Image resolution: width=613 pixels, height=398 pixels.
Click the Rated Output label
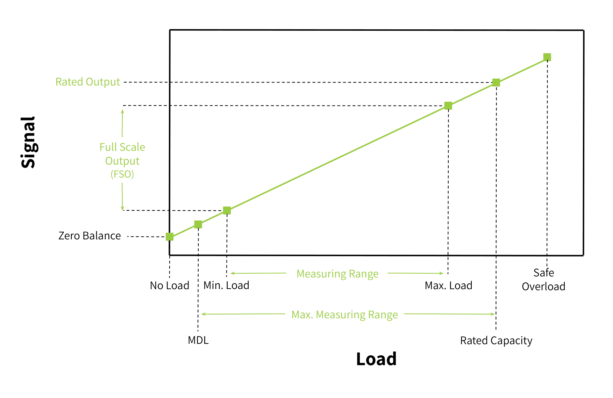(88, 82)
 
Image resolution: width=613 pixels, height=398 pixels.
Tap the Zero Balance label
(90, 236)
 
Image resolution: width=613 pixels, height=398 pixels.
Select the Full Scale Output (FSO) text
(122, 160)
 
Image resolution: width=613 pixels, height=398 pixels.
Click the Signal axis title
(28, 142)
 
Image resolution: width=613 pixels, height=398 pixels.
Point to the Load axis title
(376, 359)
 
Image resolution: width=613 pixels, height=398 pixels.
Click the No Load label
(170, 285)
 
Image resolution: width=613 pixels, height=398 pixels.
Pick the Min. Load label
(226, 285)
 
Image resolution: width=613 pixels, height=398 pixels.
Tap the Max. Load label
(449, 285)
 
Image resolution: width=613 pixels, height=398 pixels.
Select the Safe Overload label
(544, 280)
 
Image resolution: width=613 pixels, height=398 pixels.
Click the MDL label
(198, 340)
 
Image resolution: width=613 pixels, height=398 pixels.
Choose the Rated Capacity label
(496, 341)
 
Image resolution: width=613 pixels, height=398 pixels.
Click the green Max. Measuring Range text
(345, 315)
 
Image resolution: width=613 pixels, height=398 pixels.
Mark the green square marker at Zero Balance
(170, 237)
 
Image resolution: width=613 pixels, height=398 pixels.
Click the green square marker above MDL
(198, 224)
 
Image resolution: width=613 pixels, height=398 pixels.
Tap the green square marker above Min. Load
(227, 210)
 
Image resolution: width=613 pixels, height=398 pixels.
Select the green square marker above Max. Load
(448, 106)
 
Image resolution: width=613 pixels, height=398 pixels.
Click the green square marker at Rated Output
(496, 82)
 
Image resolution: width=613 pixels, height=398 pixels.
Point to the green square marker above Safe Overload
(547, 57)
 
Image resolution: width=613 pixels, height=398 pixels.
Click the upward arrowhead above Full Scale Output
(122, 111)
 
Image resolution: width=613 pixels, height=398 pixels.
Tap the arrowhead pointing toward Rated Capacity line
(493, 314)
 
